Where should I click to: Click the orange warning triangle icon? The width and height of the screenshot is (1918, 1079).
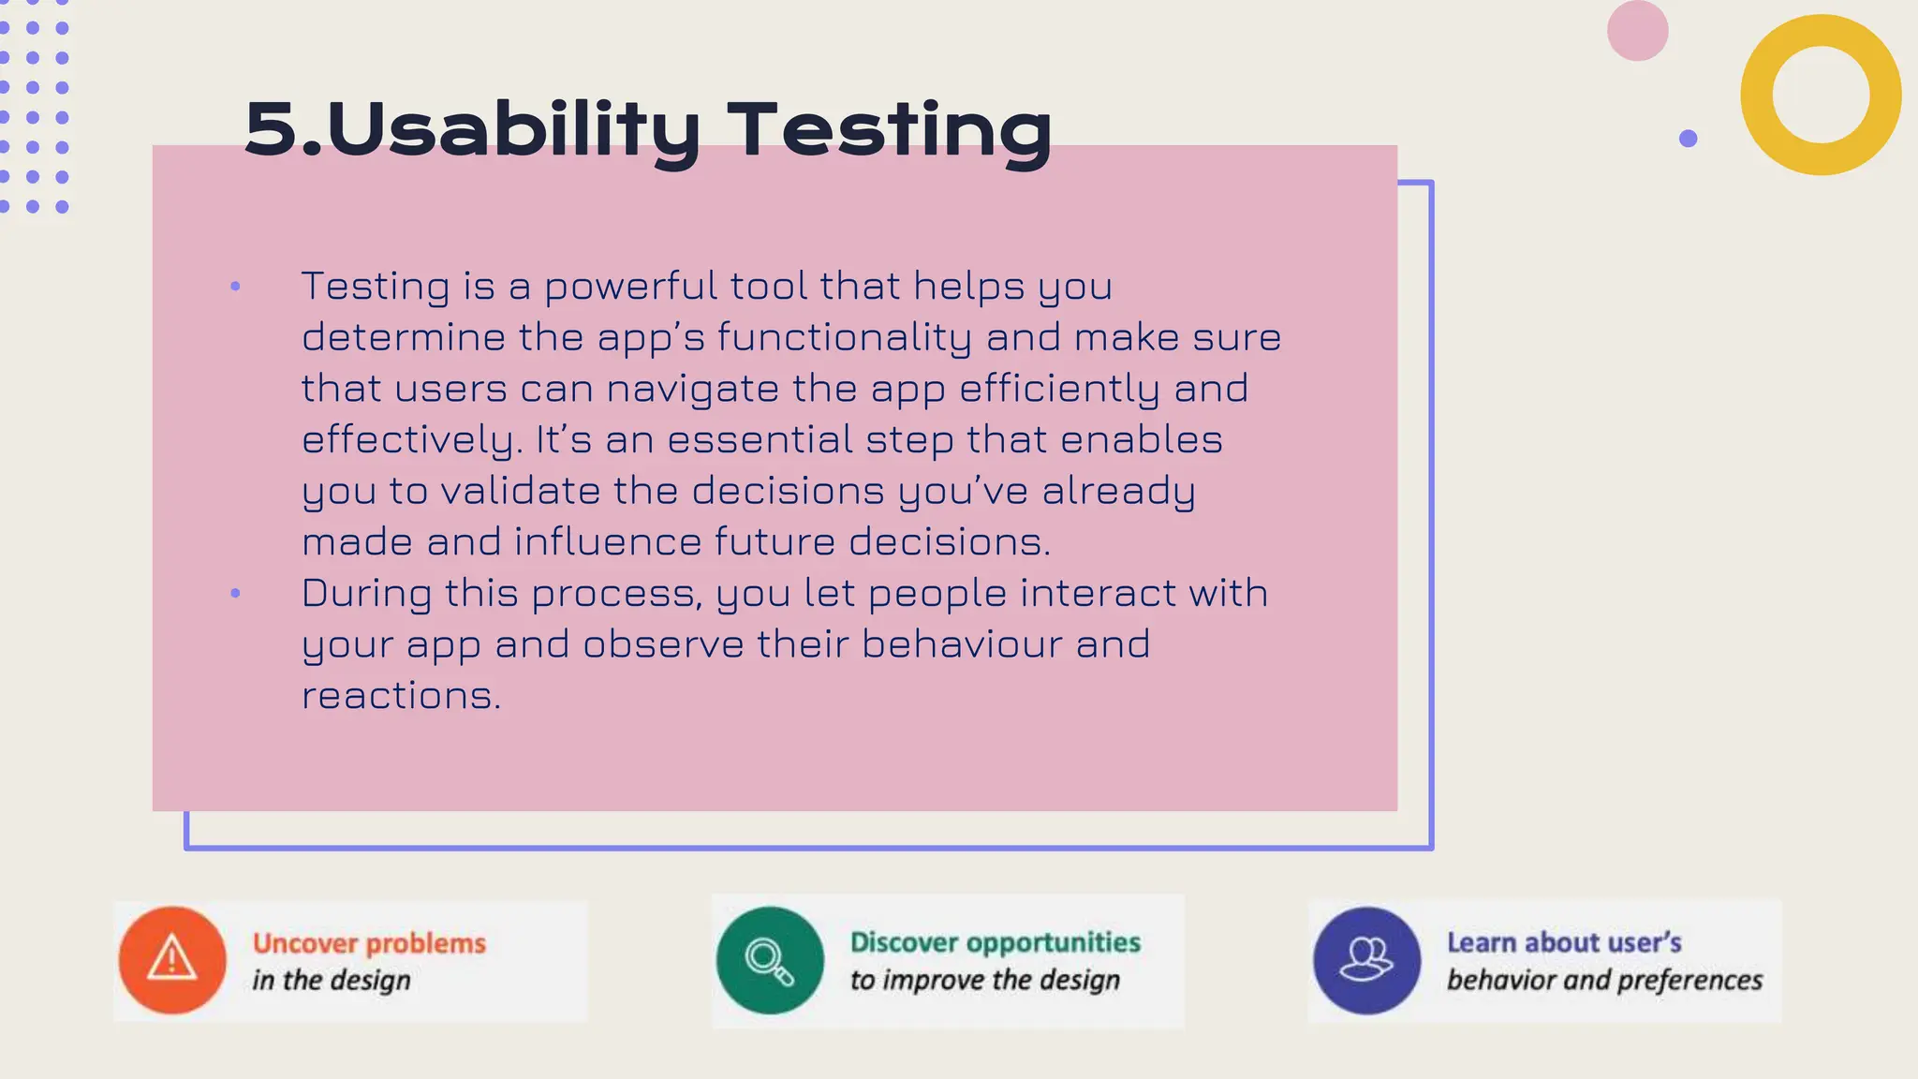[172, 959]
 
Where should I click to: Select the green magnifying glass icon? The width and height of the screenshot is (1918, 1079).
[770, 960]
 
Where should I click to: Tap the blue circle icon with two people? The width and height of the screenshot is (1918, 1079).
[1366, 960]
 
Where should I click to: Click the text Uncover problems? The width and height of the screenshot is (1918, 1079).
[369, 943]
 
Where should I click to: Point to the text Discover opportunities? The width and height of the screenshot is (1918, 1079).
[995, 942]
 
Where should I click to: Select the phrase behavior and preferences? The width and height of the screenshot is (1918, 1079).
[1604, 981]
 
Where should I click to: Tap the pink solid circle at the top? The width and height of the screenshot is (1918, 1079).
[1637, 31]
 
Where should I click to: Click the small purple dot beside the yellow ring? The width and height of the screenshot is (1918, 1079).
[1688, 139]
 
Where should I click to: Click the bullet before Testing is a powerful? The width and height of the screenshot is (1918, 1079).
[235, 287]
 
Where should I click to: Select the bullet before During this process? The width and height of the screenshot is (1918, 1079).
[235, 593]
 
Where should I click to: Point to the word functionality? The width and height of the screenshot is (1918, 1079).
[845, 338]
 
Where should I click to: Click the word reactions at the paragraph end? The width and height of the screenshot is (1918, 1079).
[401, 696]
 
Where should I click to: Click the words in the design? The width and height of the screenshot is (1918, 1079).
[331, 981]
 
